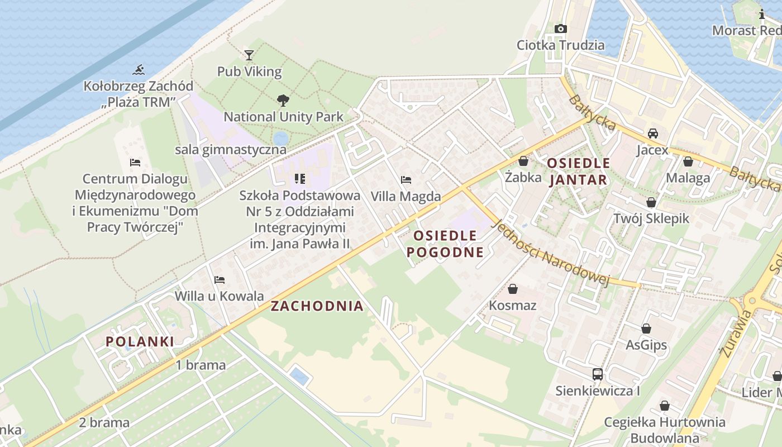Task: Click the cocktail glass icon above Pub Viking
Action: (249, 55)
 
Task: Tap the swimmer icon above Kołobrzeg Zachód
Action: (139, 70)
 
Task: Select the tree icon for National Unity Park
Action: (283, 101)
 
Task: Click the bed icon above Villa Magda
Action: (406, 180)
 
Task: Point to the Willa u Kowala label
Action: (219, 296)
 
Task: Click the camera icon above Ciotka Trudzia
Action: (560, 28)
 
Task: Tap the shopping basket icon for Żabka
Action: (523, 161)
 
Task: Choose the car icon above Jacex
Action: (652, 134)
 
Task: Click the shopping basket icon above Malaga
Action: (688, 161)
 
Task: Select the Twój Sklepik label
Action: (651, 218)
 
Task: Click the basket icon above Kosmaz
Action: (512, 289)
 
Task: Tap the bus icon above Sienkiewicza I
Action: (597, 374)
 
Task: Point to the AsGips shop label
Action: (646, 345)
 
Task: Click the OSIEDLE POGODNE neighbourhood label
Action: (445, 244)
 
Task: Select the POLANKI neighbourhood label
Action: (140, 341)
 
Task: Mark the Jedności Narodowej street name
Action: (550, 253)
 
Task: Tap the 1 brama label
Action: (201, 365)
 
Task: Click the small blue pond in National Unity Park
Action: (280, 138)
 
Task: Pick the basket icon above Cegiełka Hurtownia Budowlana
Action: (664, 406)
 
